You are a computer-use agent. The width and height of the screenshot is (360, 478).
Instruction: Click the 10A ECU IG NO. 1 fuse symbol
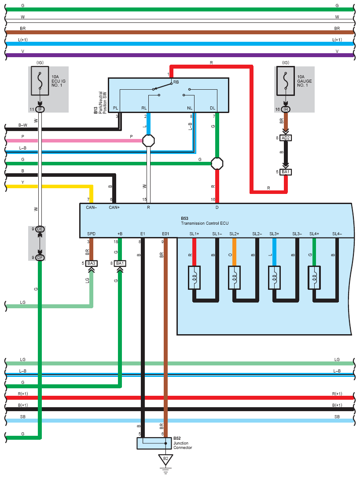click(40, 81)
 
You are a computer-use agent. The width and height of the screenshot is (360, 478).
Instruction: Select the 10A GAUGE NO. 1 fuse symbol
click(286, 81)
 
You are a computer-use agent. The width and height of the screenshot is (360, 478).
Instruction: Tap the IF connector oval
click(40, 109)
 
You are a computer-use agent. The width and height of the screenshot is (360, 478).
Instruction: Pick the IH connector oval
click(286, 109)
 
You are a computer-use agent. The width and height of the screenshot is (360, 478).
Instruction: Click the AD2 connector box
click(286, 138)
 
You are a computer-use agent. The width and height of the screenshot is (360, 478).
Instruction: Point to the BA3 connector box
click(91, 263)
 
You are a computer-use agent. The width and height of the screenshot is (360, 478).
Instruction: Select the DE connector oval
click(40, 229)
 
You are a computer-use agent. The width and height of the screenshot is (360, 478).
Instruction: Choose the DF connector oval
click(40, 258)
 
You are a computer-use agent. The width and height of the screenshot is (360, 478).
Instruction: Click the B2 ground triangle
click(165, 460)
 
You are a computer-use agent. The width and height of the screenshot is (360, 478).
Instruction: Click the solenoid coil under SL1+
click(195, 277)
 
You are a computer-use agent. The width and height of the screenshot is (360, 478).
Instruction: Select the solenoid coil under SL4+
click(314, 277)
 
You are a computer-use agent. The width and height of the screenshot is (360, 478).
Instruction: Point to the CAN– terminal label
click(91, 208)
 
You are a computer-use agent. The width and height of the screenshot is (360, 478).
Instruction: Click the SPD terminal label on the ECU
click(91, 234)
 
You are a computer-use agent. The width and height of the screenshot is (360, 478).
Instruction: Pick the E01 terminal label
click(165, 234)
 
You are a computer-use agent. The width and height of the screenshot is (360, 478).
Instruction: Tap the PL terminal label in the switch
click(116, 108)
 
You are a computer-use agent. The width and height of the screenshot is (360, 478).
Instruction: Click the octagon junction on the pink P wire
click(149, 141)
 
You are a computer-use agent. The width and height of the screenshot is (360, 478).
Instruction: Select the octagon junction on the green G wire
click(217, 164)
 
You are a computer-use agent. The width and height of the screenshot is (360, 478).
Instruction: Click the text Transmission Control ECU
click(205, 223)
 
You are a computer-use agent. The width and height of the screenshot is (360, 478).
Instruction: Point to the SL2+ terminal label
click(234, 234)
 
